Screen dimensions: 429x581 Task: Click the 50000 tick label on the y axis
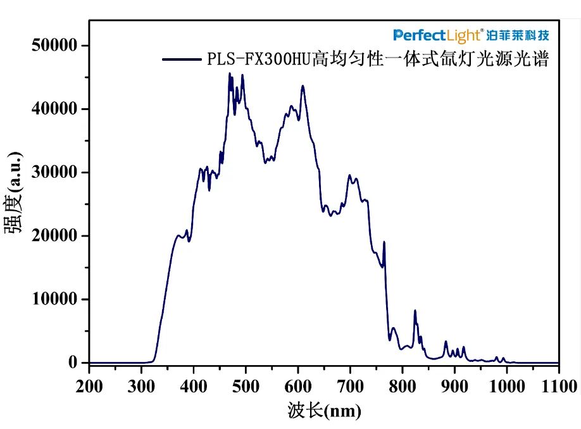pyautogui.click(x=54, y=46)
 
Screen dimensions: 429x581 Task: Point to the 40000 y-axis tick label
pyautogui.click(x=54, y=109)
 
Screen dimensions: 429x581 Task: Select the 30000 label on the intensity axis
pyautogui.click(x=54, y=172)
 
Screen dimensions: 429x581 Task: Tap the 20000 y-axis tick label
pyautogui.click(x=54, y=235)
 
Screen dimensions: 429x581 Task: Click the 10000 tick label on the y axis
pyautogui.click(x=54, y=299)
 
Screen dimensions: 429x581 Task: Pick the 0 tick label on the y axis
pyautogui.click(x=73, y=363)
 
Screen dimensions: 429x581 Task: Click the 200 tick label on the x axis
pyautogui.click(x=89, y=386)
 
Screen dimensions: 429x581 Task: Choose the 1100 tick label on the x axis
pyautogui.click(x=559, y=386)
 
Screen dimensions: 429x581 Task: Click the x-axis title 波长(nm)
pyautogui.click(x=323, y=412)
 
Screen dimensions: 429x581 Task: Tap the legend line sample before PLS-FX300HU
pyautogui.click(x=181, y=59)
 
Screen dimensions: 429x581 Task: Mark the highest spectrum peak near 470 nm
pyautogui.click(x=230, y=73)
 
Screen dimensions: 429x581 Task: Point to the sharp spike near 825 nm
pyautogui.click(x=415, y=311)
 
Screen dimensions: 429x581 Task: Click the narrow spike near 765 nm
pyautogui.click(x=384, y=242)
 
